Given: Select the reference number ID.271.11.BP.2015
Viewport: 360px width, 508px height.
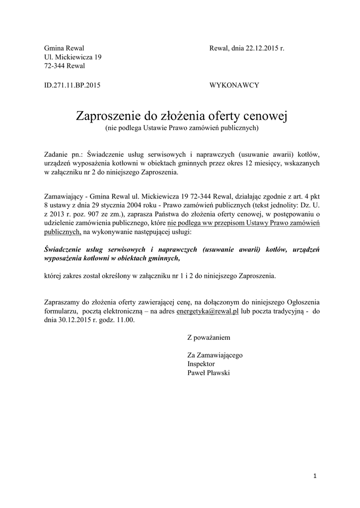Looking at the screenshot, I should pos(72,85).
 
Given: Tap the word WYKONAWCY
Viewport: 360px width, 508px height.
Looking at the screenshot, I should pos(235,85).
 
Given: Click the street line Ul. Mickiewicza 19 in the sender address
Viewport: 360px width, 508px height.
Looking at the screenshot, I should pos(73,57).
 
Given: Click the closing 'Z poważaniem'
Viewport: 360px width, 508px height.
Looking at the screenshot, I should pos(209,337).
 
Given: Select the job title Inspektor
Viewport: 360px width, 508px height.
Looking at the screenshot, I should pos(201,364).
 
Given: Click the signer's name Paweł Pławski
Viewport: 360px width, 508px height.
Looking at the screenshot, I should pos(209,373).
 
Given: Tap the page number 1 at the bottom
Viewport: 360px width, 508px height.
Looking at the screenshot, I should pos(315,477).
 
